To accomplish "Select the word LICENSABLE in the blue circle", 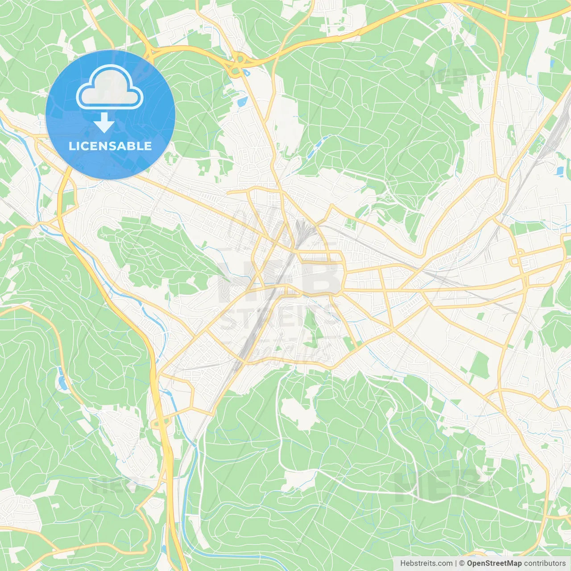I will pos(110,146).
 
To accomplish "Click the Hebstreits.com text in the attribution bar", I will pos(426,563).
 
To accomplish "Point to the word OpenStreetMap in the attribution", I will pos(494,563).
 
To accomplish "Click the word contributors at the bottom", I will pos(545,563).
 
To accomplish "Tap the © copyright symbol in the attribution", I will pos(462,563).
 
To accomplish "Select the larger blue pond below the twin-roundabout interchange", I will pos(242,102).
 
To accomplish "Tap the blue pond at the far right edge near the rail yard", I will pos(559,170).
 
